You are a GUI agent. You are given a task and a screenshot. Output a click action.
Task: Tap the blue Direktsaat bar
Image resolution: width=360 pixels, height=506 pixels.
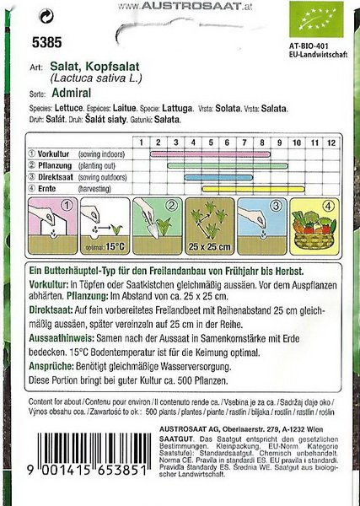pyautogui.click(x=223, y=177)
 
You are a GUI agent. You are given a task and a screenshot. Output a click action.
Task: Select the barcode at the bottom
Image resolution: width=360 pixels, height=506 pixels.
pyautogui.click(x=89, y=471)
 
